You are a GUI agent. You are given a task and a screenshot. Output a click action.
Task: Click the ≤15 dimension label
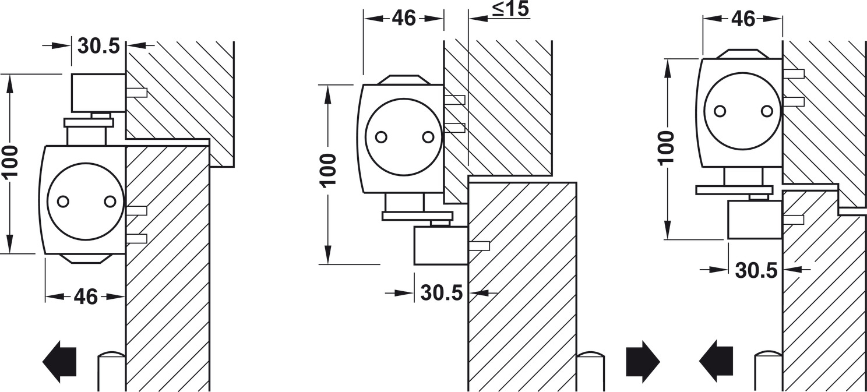510,9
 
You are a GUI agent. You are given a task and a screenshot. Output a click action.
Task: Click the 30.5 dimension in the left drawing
98,46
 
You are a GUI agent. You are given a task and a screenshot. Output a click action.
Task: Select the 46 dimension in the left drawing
86,297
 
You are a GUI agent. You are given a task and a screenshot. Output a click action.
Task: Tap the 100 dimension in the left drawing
10,161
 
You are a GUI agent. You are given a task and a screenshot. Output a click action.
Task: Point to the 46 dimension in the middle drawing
404,18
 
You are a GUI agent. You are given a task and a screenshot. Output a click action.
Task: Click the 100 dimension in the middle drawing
328,171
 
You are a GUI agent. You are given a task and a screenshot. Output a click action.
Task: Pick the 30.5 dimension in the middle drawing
442,293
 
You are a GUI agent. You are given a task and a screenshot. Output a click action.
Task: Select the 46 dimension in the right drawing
743,19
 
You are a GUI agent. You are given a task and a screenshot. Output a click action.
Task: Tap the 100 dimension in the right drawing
667,148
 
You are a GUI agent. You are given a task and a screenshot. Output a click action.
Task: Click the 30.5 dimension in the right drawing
756,270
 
